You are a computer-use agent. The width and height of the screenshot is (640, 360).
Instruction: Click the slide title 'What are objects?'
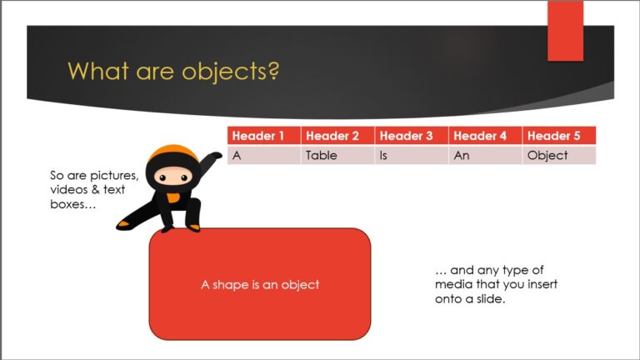(172, 71)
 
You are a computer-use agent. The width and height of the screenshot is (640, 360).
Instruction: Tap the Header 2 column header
(337, 136)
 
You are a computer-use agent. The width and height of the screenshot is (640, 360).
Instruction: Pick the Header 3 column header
(411, 136)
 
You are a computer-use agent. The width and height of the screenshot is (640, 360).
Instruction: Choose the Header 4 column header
(484, 136)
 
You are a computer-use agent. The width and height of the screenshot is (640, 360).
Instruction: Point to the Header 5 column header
(557, 136)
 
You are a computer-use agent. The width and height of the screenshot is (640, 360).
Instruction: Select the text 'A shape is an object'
(260, 285)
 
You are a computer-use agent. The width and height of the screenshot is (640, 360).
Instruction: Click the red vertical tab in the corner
(565, 31)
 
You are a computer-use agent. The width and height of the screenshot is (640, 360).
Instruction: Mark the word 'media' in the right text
(452, 284)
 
